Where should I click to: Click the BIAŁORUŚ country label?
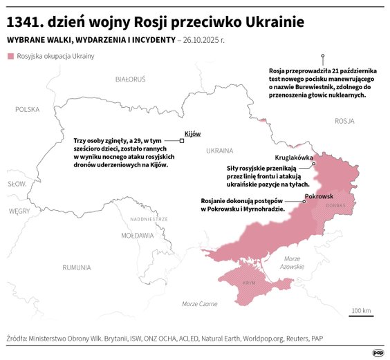coord(131,79)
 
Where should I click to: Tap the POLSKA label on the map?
coord(28,109)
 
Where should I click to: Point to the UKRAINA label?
coord(219,149)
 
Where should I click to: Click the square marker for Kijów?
coord(182,141)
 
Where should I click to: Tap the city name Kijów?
coord(192,133)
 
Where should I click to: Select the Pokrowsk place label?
coord(319,198)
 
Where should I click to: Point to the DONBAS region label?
coord(335,205)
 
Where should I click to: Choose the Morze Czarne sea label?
coord(199,304)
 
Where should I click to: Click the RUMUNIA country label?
coord(76,267)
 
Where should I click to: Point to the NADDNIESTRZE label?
coord(149,218)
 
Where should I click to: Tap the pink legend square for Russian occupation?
coord(10,56)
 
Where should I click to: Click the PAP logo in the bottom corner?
coord(378,352)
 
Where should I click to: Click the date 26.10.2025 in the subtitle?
coord(209,40)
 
